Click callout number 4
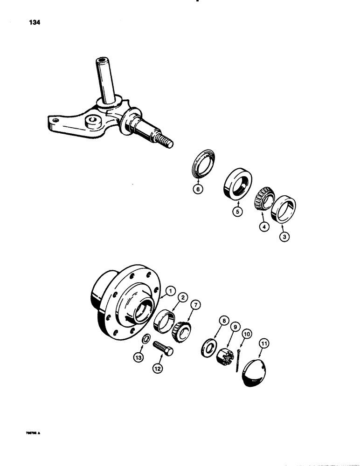click(264, 228)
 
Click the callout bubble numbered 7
click(196, 305)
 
